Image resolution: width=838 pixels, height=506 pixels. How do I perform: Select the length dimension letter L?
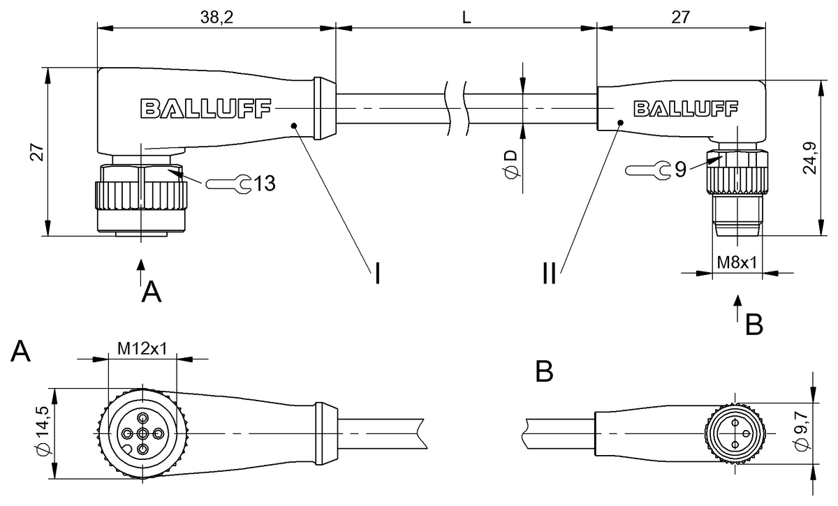pos(466,18)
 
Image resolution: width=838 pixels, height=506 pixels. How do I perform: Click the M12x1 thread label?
pos(142,348)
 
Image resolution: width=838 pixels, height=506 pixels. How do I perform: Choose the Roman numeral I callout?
pos(377,273)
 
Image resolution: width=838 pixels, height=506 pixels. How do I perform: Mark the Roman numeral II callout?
pos(550,273)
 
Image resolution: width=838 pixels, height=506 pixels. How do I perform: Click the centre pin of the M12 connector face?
pos(142,434)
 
